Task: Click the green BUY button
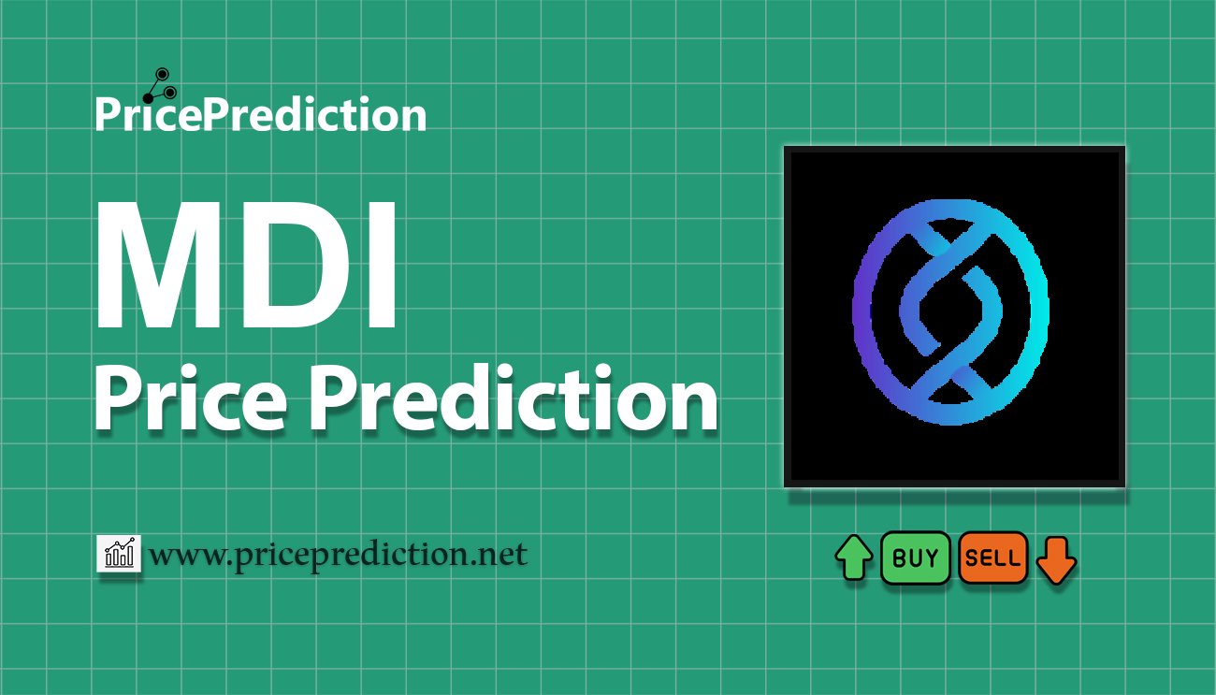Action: pyautogui.click(x=915, y=557)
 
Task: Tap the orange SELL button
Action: pyautogui.click(x=992, y=557)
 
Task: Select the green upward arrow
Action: pyautogui.click(x=854, y=557)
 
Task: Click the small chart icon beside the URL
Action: pyautogui.click(x=119, y=553)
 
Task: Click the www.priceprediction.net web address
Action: pyautogui.click(x=339, y=556)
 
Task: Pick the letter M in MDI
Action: pyautogui.click(x=158, y=265)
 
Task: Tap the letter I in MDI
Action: pyautogui.click(x=382, y=265)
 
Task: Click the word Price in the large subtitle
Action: pyautogui.click(x=191, y=399)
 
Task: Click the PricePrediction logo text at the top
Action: pyautogui.click(x=261, y=114)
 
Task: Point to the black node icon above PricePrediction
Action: pyautogui.click(x=160, y=86)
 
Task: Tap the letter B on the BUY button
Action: pyautogui.click(x=900, y=557)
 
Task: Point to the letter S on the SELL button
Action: pyautogui.click(x=973, y=558)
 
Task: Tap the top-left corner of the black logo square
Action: pyautogui.click(x=785, y=147)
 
